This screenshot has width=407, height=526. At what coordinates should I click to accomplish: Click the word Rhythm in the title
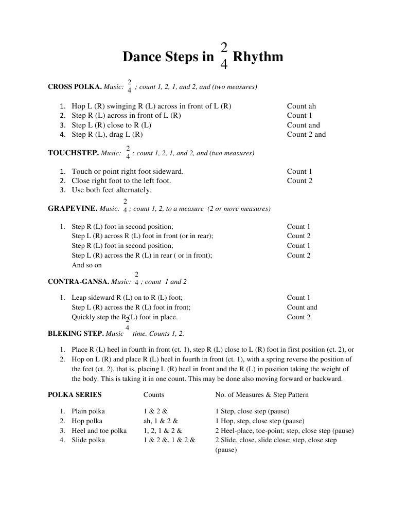click(x=258, y=57)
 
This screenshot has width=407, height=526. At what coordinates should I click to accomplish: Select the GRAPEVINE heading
click(x=72, y=209)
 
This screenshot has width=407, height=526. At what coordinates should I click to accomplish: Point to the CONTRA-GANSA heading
click(x=78, y=282)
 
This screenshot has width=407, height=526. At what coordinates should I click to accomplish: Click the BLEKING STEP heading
click(x=76, y=333)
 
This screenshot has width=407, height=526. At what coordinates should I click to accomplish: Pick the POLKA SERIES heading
click(x=75, y=395)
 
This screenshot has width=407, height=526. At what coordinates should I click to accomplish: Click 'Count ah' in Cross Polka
click(x=302, y=106)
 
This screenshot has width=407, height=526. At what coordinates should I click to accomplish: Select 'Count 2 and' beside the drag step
click(x=306, y=135)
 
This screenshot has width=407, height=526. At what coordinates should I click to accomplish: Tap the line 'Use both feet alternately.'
click(x=112, y=190)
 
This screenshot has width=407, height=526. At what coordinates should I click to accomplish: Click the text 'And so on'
click(x=86, y=265)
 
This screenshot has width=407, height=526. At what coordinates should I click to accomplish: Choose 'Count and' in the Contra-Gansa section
click(x=302, y=307)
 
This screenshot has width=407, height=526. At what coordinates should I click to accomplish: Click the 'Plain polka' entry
click(x=88, y=411)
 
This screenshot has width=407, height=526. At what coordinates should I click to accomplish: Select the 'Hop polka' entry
click(x=87, y=421)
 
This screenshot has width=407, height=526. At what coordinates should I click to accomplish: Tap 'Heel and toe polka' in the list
click(x=99, y=431)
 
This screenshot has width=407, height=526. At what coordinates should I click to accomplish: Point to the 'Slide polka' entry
click(x=88, y=440)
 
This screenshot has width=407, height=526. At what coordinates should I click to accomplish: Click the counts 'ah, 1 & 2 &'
click(x=161, y=421)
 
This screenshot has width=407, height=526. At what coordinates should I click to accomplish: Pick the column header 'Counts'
click(x=154, y=395)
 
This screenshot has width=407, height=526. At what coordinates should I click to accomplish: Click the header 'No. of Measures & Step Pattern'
click(x=262, y=395)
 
